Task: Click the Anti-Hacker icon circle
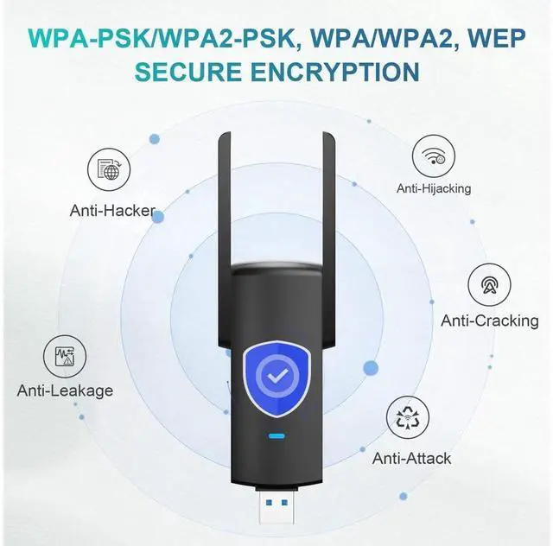click(x=109, y=170)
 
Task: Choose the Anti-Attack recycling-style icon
click(x=411, y=419)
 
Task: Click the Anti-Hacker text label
click(x=112, y=210)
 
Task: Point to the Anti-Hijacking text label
click(x=434, y=188)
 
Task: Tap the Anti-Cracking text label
click(x=489, y=321)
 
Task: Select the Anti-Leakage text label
click(x=65, y=390)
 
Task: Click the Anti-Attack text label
click(x=411, y=458)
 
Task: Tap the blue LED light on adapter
click(x=276, y=436)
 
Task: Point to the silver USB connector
click(x=276, y=517)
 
